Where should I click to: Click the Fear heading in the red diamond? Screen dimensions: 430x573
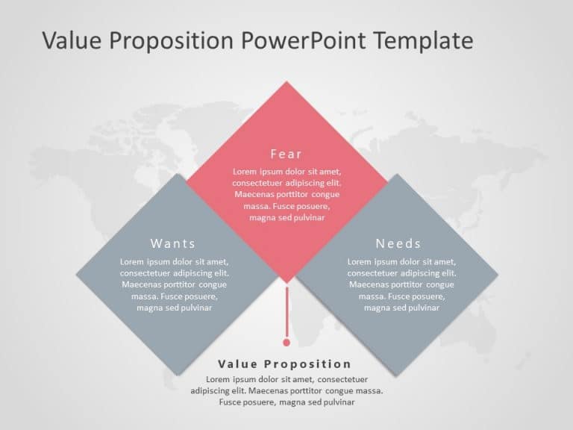pyautogui.click(x=286, y=155)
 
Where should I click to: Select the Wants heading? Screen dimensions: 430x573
pyautogui.click(x=173, y=243)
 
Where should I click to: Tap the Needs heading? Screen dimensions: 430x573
pyautogui.click(x=398, y=243)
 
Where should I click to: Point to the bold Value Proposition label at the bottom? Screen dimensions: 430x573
pyautogui.click(x=284, y=364)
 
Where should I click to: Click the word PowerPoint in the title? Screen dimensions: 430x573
pyautogui.click(x=306, y=40)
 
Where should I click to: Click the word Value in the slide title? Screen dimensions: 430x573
pyautogui.click(x=72, y=40)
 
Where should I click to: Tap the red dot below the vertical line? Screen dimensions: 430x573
pyautogui.click(x=286, y=343)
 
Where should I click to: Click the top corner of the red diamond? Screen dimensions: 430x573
pyautogui.click(x=286, y=82)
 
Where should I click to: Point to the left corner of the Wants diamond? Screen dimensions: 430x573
pyautogui.click(x=77, y=274)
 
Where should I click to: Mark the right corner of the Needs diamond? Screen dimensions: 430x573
pyautogui.click(x=497, y=274)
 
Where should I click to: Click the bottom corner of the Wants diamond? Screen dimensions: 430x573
pyautogui.click(x=176, y=373)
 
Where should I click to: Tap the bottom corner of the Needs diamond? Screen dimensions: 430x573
pyautogui.click(x=396, y=373)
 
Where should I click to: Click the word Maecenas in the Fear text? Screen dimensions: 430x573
pyautogui.click(x=253, y=194)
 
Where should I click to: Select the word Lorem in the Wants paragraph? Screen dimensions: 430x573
pyautogui.click(x=131, y=262)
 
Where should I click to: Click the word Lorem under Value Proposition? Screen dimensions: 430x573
pyautogui.click(x=218, y=379)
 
